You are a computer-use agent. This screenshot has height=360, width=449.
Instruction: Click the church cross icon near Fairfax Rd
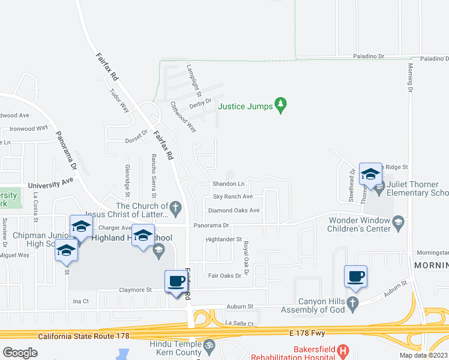(x=175, y=208)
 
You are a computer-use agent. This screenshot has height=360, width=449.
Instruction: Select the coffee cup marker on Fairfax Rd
(x=176, y=281)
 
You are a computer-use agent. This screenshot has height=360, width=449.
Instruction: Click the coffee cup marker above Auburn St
(x=355, y=276)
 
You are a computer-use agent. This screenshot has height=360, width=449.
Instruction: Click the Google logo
(x=20, y=352)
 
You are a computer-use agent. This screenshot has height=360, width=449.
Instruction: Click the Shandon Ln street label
(x=228, y=184)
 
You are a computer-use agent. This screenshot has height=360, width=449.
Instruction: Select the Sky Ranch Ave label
(x=233, y=197)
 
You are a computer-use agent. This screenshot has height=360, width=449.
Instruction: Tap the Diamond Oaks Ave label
(x=234, y=211)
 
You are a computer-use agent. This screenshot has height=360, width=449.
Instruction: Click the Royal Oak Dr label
(x=246, y=256)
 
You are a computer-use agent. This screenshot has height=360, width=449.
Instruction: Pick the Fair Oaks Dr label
(x=224, y=276)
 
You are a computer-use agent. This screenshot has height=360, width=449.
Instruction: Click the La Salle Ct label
(x=240, y=323)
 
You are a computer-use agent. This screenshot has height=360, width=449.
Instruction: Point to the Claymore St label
(x=136, y=290)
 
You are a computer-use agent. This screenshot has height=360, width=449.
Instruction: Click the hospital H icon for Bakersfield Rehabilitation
(x=343, y=350)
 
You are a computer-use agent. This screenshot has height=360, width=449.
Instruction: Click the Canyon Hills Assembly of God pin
(x=354, y=306)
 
